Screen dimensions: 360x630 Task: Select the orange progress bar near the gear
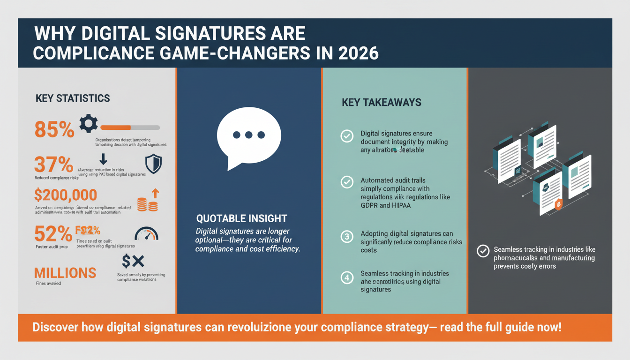pos(116,127)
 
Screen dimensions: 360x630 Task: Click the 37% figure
pos(53,165)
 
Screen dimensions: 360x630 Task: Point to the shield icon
pos(154,164)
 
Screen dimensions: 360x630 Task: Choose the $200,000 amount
pos(66,195)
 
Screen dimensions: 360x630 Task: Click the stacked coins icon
pos(144,203)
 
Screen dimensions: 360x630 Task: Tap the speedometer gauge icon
pos(146,234)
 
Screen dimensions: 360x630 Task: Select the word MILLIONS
pos(65,272)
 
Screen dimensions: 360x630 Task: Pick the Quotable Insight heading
pos(241,218)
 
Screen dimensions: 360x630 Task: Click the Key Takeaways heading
pos(382,102)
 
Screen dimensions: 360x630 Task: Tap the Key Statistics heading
pos(73,98)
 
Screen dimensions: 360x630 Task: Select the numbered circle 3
pos(347,237)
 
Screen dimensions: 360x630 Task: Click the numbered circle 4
pos(347,277)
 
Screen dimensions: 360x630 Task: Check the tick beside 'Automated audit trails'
pos(347,182)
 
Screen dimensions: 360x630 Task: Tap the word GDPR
pos(370,205)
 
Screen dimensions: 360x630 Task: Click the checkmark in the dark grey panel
pos(483,251)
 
